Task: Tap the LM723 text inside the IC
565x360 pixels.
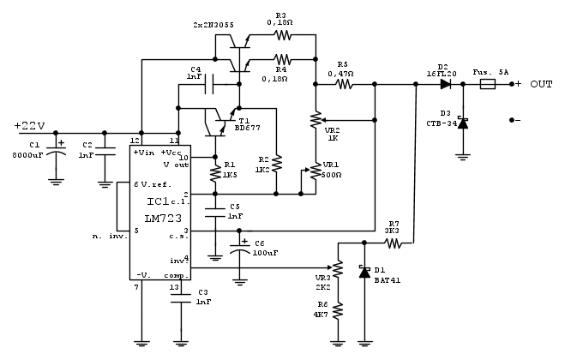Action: point(160,219)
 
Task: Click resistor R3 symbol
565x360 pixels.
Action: point(282,35)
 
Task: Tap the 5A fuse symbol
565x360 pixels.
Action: point(486,85)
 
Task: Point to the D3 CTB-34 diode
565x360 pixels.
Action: point(463,123)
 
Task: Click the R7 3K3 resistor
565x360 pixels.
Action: point(394,243)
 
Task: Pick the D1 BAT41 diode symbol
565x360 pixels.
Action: point(365,272)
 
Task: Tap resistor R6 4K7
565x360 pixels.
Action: point(339,311)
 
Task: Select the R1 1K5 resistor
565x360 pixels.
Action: point(214,175)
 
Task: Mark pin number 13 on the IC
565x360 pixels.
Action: point(175,288)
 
